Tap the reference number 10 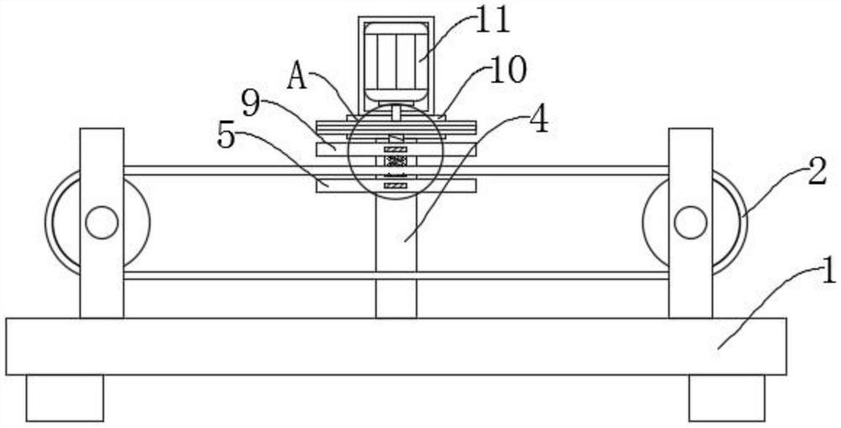click(x=507, y=71)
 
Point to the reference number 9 click(x=251, y=104)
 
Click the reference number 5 click(x=226, y=135)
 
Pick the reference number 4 click(x=538, y=119)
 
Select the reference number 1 click(x=828, y=271)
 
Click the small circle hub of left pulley click(x=101, y=223)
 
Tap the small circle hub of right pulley click(x=690, y=223)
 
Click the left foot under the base click(x=64, y=397)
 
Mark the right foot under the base click(x=727, y=397)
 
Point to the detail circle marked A click(x=395, y=152)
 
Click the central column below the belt click(x=395, y=252)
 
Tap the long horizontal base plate click(x=395, y=346)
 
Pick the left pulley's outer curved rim click(x=50, y=223)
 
